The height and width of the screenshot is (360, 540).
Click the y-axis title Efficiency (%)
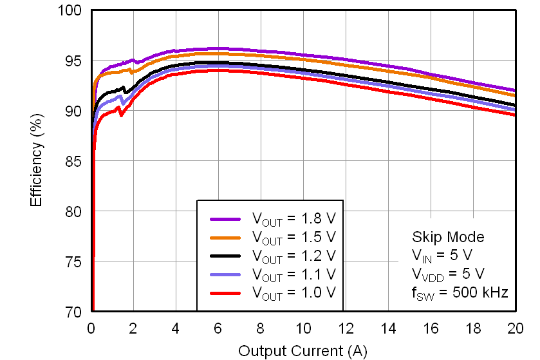tap(37, 161)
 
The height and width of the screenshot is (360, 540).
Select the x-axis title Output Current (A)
tap(303, 351)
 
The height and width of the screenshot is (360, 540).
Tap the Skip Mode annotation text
tap(447, 237)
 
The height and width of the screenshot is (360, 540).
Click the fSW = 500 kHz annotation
tap(460, 292)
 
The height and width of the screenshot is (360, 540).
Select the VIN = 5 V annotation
tap(442, 256)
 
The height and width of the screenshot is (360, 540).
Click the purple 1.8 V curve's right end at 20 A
tap(514, 90)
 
